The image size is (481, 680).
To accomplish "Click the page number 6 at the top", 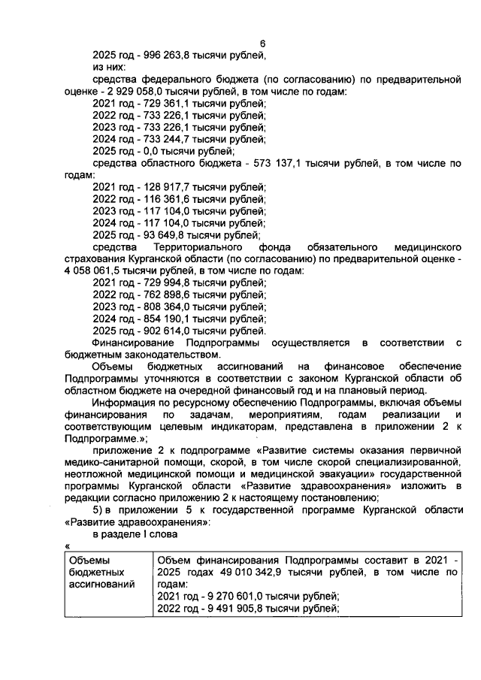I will [262, 44].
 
